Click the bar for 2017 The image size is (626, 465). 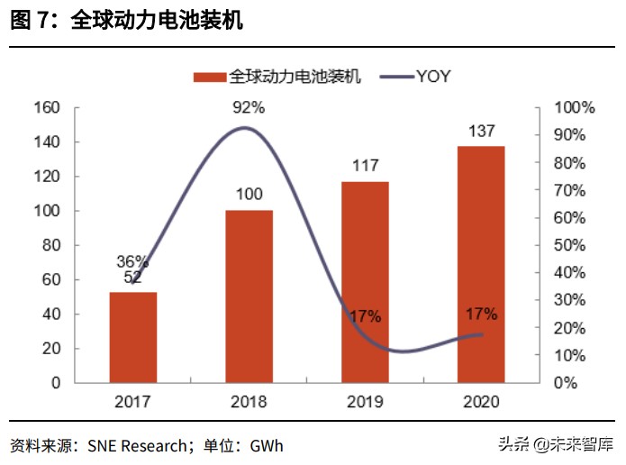pos(133,337)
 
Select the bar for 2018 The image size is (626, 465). pos(249,296)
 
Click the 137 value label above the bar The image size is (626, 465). pos(481,132)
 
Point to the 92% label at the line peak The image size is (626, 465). pos(249,108)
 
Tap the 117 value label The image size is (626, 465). pos(366,166)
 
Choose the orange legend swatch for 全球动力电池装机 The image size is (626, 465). pos(209,77)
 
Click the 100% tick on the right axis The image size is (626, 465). pos(574,108)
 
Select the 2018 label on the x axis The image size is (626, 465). pos(249,401)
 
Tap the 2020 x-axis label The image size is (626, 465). pos(481,401)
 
